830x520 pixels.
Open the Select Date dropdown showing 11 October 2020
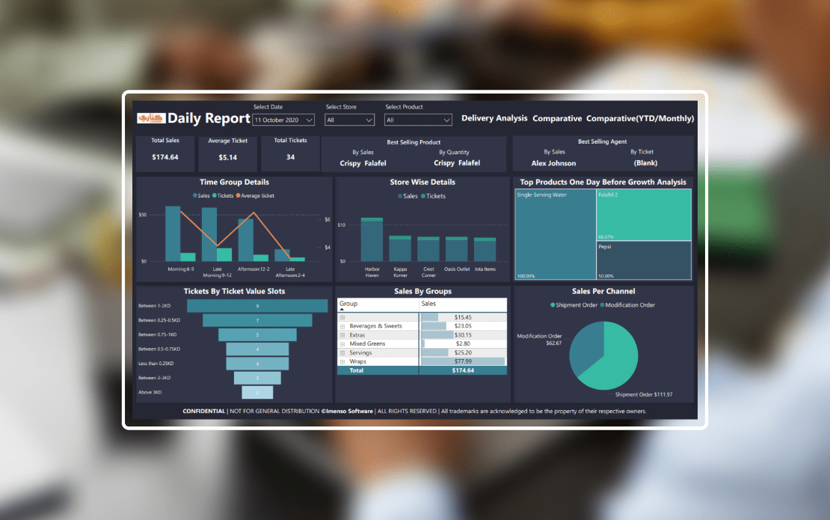click(283, 120)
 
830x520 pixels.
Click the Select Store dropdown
click(349, 120)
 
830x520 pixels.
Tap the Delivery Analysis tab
click(494, 118)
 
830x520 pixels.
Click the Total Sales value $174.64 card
click(165, 157)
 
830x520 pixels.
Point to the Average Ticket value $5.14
click(227, 157)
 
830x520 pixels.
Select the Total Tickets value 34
click(290, 157)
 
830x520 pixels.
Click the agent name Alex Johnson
click(553, 163)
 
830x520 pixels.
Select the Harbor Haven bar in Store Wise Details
click(372, 241)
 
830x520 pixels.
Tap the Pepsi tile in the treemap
click(644, 260)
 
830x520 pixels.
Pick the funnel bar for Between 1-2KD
click(257, 306)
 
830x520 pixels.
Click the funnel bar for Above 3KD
click(257, 392)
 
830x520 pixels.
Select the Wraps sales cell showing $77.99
click(463, 361)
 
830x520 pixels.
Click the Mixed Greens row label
click(367, 343)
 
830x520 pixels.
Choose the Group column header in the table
click(348, 304)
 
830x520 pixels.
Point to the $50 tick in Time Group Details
click(142, 215)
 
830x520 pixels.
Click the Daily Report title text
click(209, 118)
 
